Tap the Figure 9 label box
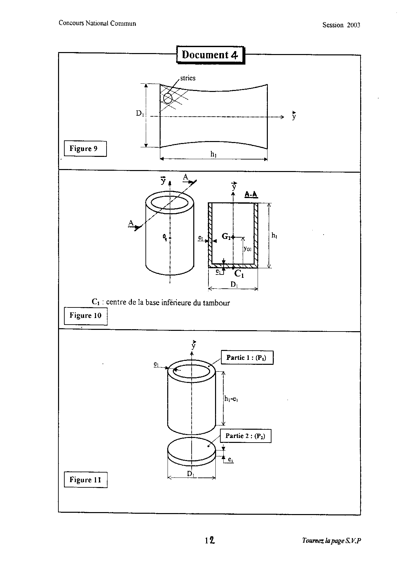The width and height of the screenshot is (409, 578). [x=85, y=149]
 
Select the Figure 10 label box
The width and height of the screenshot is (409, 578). [x=85, y=316]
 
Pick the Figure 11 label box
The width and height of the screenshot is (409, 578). [x=85, y=480]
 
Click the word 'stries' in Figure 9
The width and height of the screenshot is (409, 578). [x=188, y=78]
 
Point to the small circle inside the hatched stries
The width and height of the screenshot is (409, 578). [x=168, y=99]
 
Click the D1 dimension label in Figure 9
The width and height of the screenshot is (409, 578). [x=140, y=113]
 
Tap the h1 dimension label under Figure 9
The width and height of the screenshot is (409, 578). [x=214, y=154]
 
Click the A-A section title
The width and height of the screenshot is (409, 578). [x=251, y=195]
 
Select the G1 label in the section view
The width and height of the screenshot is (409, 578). [x=226, y=236]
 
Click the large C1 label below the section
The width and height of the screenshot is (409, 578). [x=239, y=274]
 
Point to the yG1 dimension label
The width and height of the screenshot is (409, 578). [x=247, y=249]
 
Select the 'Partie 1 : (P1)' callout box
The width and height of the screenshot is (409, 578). [x=247, y=358]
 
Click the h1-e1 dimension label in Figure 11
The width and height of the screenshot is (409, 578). [x=231, y=399]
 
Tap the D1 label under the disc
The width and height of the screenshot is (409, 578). [x=190, y=474]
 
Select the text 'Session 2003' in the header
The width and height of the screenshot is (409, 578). [x=341, y=25]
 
